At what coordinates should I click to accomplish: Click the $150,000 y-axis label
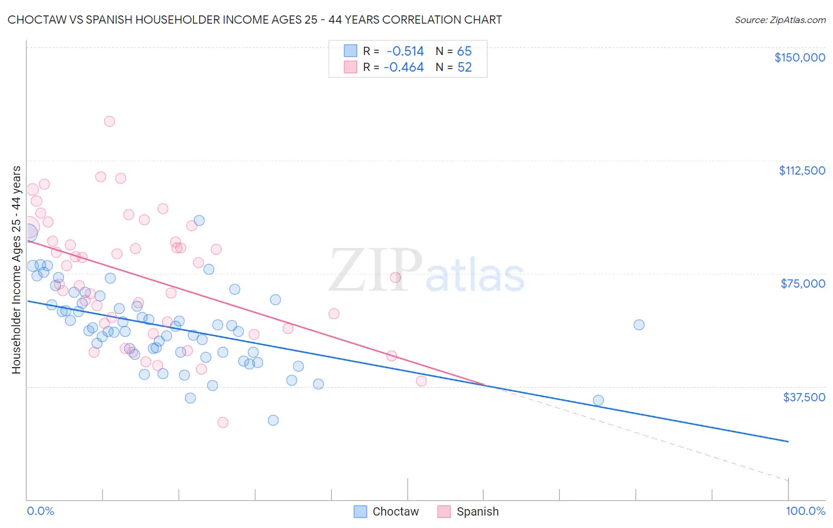pyautogui.click(x=799, y=57)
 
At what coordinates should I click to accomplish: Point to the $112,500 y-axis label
pyautogui.click(x=802, y=170)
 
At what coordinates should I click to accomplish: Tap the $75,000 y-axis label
pyautogui.click(x=803, y=284)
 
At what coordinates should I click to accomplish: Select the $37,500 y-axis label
pyautogui.click(x=804, y=397)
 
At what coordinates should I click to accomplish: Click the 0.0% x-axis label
pyautogui.click(x=40, y=511)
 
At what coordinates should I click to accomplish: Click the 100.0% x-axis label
pyautogui.click(x=805, y=511)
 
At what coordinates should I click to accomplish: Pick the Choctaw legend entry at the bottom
pyautogui.click(x=386, y=511)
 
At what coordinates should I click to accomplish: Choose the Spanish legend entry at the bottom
pyautogui.click(x=468, y=511)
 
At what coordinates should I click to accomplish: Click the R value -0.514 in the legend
pyautogui.click(x=405, y=51)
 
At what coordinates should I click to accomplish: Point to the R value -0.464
pyautogui.click(x=404, y=67)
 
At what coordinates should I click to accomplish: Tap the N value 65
pyautogui.click(x=464, y=51)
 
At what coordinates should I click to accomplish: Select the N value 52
pyautogui.click(x=464, y=67)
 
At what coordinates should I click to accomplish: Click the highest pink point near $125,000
pyautogui.click(x=110, y=121)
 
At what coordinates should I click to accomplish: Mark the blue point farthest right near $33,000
pyautogui.click(x=598, y=400)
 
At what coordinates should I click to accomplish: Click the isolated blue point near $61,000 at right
pyautogui.click(x=639, y=324)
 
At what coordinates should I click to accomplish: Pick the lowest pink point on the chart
pyautogui.click(x=223, y=422)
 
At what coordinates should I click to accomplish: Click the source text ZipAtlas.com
pyautogui.click(x=780, y=20)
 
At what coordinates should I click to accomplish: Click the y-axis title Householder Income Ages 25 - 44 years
pyautogui.click(x=16, y=270)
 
